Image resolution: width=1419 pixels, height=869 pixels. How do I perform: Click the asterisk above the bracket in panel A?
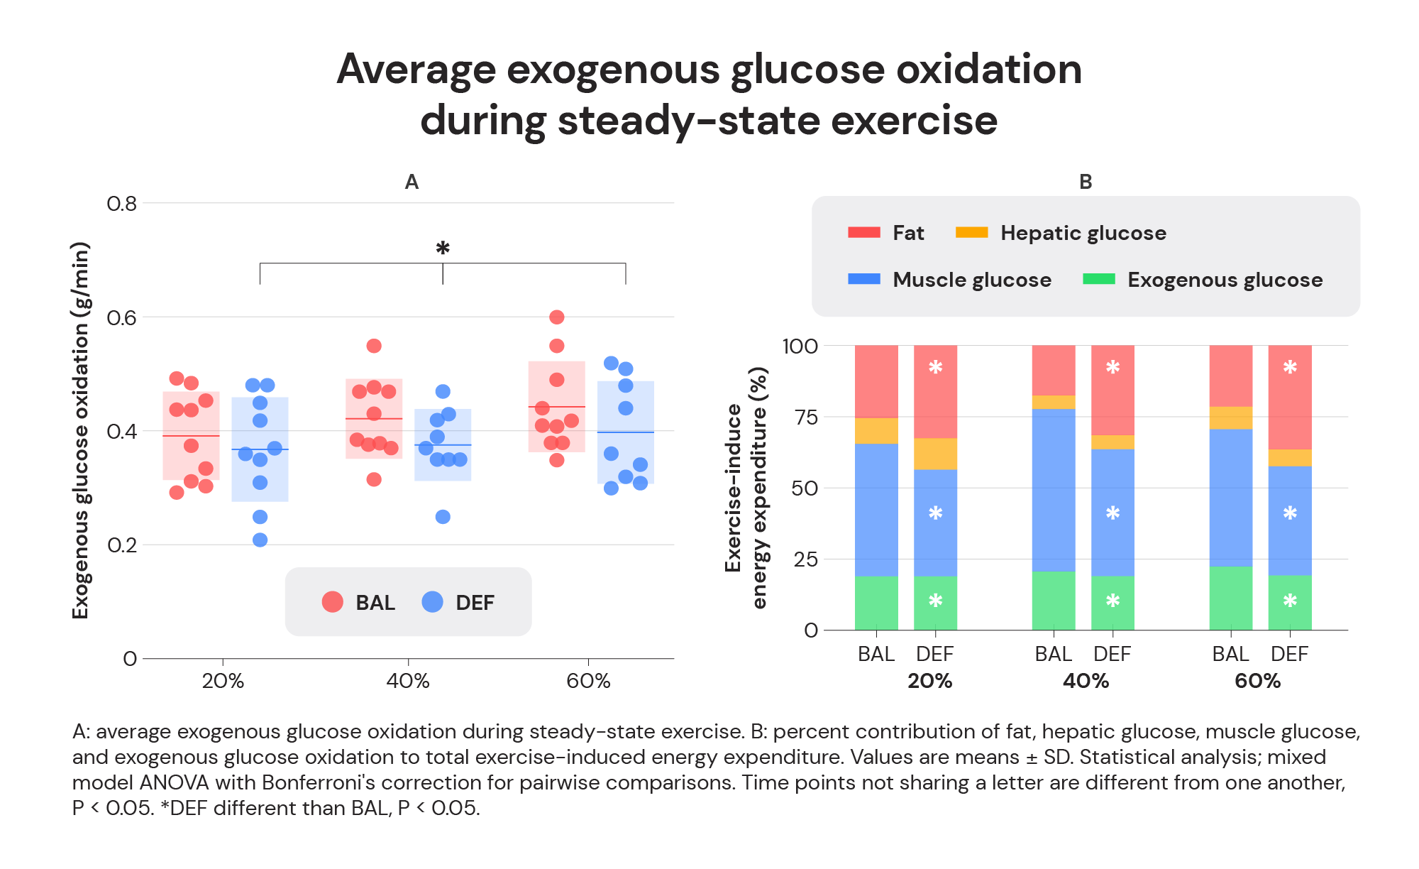(x=443, y=248)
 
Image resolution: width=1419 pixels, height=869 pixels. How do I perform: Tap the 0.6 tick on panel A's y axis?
(x=121, y=317)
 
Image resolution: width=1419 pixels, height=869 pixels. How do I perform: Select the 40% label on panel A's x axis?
(x=408, y=681)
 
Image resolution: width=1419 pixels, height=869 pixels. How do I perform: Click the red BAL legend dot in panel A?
(x=333, y=602)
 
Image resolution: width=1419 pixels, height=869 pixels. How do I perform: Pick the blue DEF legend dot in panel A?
(x=432, y=602)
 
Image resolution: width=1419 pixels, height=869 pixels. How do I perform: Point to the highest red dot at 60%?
(x=557, y=317)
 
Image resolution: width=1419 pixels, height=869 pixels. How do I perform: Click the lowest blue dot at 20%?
(x=260, y=540)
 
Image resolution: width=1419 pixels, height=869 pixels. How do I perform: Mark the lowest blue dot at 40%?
(x=443, y=517)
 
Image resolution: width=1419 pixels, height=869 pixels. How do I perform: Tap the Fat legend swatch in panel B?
(x=863, y=233)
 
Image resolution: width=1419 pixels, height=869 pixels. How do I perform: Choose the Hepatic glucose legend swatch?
(x=971, y=233)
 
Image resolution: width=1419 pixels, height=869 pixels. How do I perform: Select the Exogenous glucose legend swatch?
(x=1098, y=279)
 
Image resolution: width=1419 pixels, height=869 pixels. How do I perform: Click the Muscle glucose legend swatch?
(x=863, y=279)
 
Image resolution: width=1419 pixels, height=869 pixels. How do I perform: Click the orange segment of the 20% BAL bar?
(x=876, y=431)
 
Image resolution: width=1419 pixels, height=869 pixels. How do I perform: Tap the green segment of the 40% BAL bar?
(x=1054, y=600)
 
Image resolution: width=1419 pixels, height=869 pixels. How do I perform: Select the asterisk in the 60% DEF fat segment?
(x=1290, y=367)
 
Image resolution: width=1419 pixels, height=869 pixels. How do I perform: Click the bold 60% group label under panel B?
(x=1257, y=681)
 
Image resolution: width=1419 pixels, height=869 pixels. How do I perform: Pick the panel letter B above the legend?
(x=1086, y=182)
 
